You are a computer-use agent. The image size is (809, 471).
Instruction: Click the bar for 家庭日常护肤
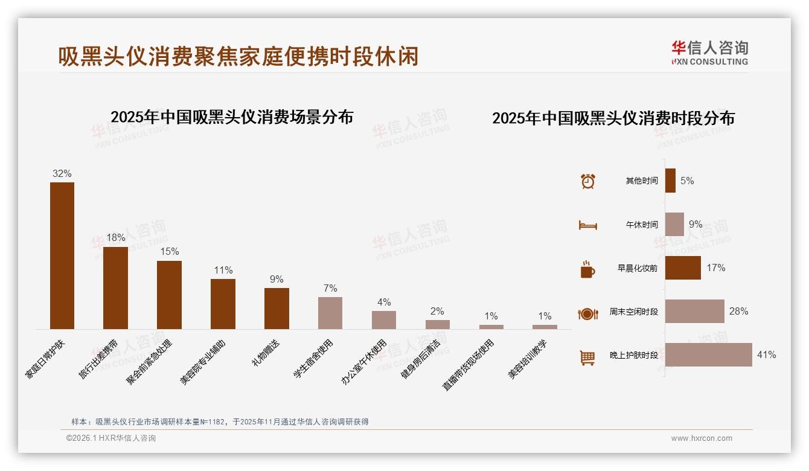[x=62, y=255]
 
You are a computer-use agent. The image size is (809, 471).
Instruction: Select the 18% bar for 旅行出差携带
[x=115, y=287]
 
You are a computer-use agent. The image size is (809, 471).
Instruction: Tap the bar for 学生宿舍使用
[x=330, y=313]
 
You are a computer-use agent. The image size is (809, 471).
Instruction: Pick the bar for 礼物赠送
[x=277, y=308]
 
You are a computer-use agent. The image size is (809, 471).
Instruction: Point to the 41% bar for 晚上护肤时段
[x=708, y=354]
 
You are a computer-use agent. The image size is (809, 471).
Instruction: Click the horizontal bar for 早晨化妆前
[x=683, y=268]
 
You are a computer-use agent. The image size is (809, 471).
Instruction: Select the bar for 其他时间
[x=670, y=181]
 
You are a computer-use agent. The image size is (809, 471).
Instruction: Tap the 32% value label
[x=62, y=174]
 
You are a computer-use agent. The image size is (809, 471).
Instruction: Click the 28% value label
[x=738, y=312]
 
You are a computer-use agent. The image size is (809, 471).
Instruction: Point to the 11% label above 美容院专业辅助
[x=223, y=271]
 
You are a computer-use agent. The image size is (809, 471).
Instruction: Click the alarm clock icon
[x=587, y=181]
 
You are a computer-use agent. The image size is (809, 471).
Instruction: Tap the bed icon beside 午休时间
[x=587, y=225]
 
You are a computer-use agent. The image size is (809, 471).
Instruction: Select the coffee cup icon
[x=587, y=269]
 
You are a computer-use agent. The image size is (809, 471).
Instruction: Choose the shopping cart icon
[x=587, y=357]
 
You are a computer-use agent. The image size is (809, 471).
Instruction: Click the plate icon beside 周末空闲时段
[x=587, y=313]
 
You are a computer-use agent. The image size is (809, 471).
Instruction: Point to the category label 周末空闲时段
[x=633, y=312]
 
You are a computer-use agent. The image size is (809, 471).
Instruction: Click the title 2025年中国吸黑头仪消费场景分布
[x=232, y=117]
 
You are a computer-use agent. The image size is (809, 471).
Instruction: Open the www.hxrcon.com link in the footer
[x=702, y=438]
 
